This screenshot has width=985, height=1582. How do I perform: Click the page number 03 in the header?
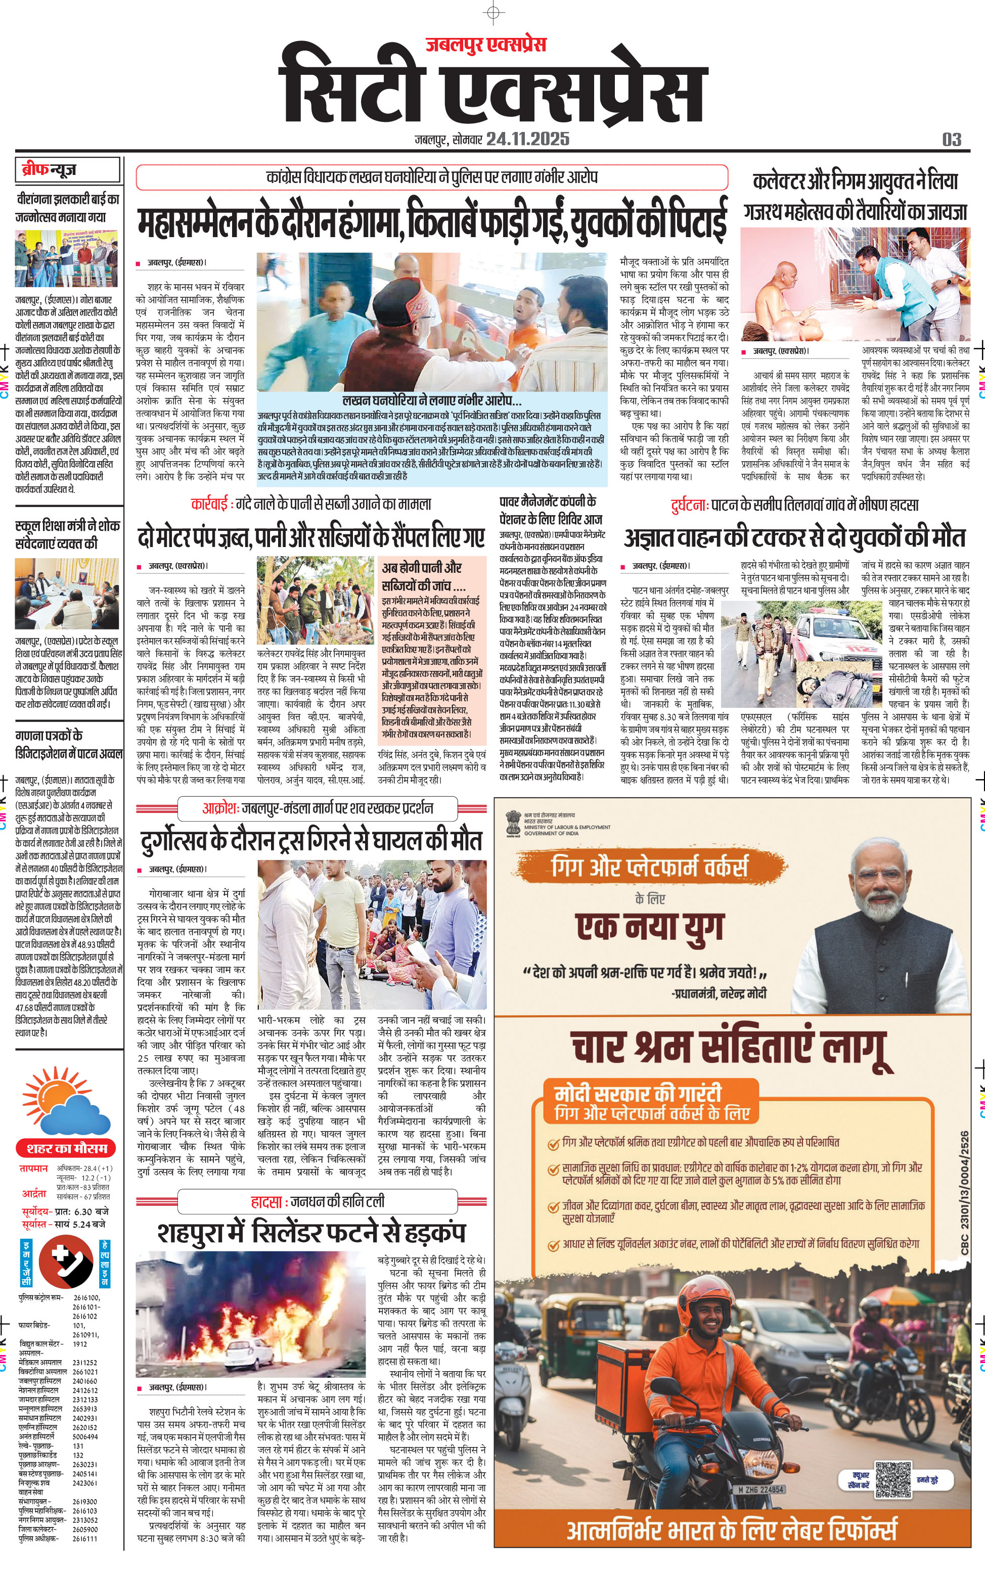pos(951,140)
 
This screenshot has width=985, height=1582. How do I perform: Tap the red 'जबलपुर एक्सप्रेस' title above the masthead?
pos(485,44)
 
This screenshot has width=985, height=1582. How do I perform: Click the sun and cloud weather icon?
pos(65,1101)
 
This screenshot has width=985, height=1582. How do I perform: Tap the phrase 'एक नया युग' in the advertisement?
pos(649,926)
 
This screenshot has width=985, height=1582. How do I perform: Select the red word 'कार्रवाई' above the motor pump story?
pos(209,504)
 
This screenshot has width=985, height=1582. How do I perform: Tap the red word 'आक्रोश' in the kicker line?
pos(219,808)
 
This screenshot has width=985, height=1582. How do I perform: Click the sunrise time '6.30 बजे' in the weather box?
pos(91,1211)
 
